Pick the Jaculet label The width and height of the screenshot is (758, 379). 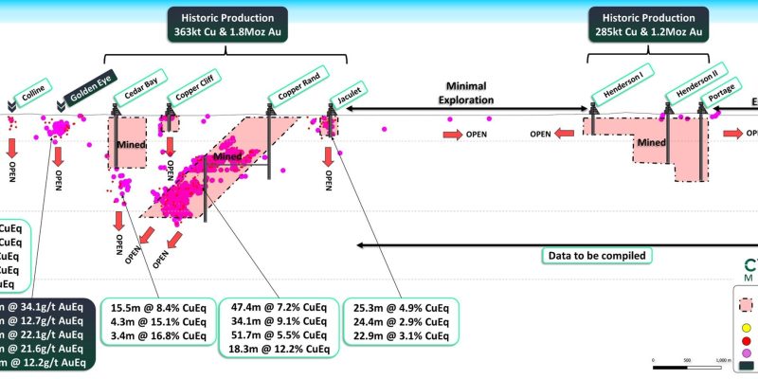tap(346, 94)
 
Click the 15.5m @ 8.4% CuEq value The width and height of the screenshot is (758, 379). tap(157, 308)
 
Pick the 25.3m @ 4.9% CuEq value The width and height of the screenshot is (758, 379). tap(399, 308)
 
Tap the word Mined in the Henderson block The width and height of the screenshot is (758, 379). tap(652, 143)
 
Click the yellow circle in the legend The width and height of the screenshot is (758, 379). tap(746, 329)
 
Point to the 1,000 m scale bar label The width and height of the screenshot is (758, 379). tap(724, 361)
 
